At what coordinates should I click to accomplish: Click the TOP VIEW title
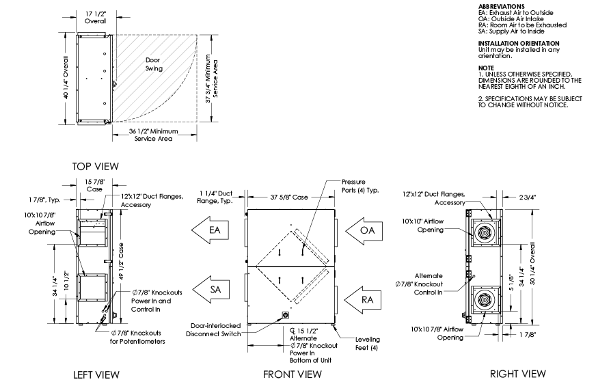pos(96,166)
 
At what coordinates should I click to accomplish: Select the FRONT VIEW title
pos(293,374)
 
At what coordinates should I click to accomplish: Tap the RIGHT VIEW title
pos(518,373)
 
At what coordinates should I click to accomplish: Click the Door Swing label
pos(154,64)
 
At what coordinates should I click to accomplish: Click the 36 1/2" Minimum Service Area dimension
pos(152,135)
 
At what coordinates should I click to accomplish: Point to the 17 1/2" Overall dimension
pos(95,17)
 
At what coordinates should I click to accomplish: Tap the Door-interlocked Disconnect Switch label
pos(210,329)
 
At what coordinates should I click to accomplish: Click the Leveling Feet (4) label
pos(368,343)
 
